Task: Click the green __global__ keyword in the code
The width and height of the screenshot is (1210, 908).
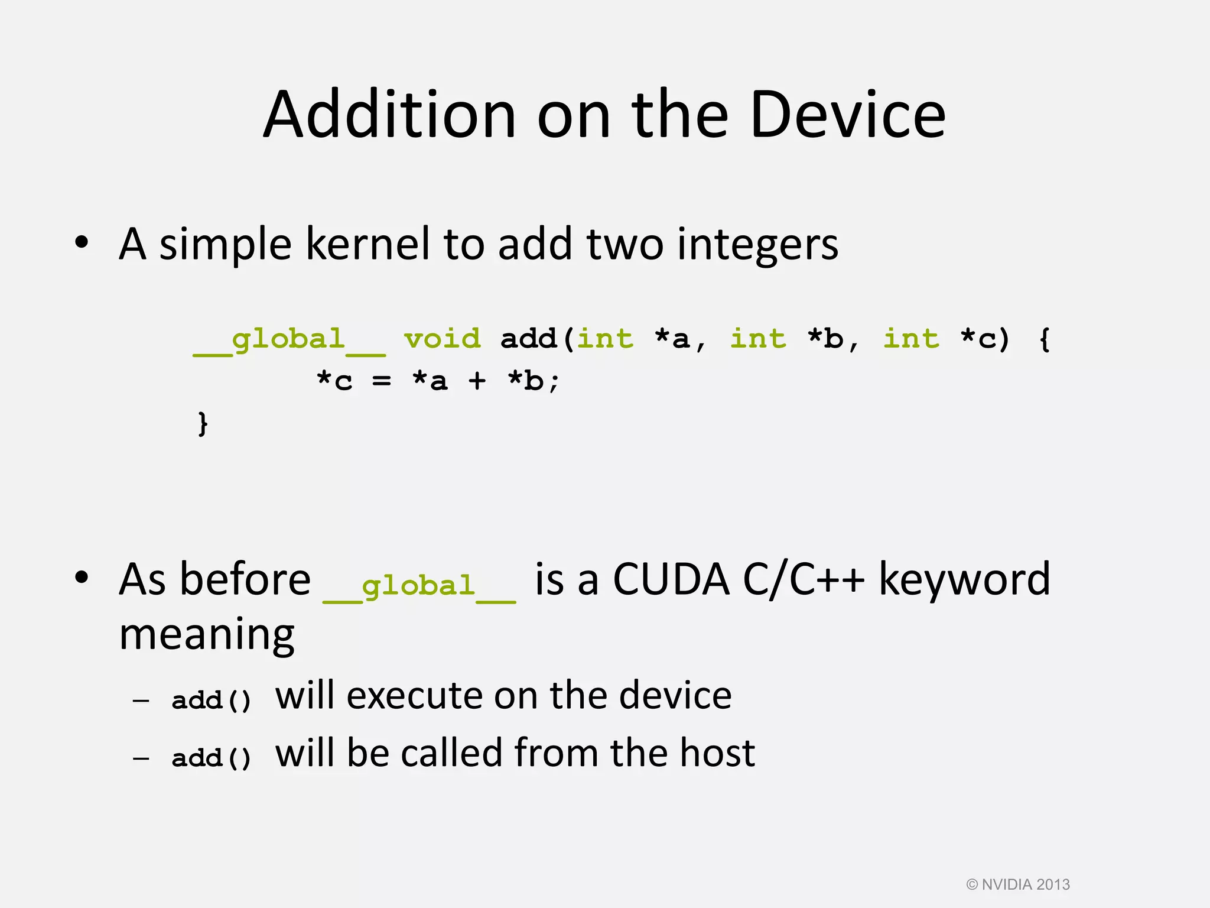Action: coord(289,340)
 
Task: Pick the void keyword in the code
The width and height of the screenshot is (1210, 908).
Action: coord(442,339)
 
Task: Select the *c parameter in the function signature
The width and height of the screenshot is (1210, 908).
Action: coord(978,339)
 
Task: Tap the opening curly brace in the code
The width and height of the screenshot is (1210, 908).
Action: coord(1044,340)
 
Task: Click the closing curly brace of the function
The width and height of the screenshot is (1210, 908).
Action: coord(203,424)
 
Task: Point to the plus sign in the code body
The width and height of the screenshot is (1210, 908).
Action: coord(477,382)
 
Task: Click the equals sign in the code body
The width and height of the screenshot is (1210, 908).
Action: coord(381,382)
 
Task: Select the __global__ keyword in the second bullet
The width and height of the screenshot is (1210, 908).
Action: coord(419,586)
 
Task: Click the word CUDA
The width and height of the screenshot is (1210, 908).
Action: coord(671,579)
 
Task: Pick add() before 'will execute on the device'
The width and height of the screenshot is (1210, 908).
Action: coord(212,701)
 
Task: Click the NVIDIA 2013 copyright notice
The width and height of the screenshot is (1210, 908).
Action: coord(1018,884)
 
